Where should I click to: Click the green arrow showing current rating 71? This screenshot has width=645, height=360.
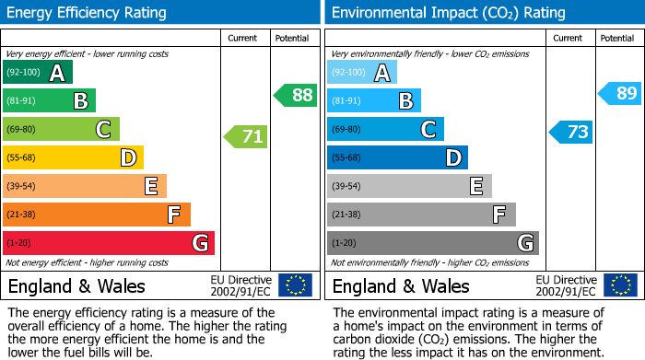(246, 137)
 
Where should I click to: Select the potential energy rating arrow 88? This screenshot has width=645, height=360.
(295, 95)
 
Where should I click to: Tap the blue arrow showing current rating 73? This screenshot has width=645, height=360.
(571, 132)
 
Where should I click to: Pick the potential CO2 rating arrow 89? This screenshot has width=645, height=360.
(619, 93)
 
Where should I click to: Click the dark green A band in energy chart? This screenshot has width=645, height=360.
(38, 73)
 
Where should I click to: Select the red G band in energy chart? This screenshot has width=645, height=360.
(109, 243)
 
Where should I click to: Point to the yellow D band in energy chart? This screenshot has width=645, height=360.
(74, 158)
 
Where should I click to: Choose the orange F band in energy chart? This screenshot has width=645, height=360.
(97, 215)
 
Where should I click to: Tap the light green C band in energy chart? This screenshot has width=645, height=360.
(62, 130)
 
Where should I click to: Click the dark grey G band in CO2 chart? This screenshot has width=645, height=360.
(432, 243)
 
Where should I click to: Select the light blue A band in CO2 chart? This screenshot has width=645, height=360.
(362, 73)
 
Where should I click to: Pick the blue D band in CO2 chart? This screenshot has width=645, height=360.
(397, 158)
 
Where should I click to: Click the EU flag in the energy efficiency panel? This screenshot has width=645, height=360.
(296, 285)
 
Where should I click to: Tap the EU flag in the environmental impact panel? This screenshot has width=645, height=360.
(620, 285)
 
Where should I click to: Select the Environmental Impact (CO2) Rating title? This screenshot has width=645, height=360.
(448, 13)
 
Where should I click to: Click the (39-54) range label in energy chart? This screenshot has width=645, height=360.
(21, 187)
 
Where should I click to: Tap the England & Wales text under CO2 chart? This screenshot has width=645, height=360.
(401, 286)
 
